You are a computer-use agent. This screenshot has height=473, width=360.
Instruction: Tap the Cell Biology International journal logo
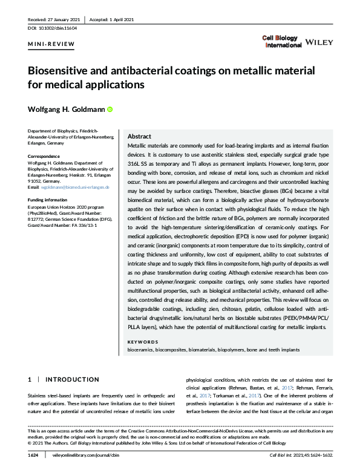281,41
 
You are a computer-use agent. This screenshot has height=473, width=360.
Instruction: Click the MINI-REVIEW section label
52,44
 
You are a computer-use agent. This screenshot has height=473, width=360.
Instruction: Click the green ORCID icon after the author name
110,109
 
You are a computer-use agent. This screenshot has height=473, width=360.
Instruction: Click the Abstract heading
140,137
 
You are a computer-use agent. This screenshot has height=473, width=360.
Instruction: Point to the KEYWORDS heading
143,342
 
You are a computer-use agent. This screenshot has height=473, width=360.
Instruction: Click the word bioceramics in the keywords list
140,350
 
